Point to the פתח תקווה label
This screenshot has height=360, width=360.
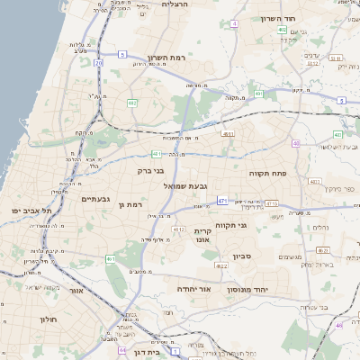click(267, 172)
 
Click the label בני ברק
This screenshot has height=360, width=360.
click(150, 170)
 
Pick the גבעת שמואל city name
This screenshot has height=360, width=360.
click(188, 184)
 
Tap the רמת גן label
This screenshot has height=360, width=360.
click(131, 205)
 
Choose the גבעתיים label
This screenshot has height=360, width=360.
click(95, 199)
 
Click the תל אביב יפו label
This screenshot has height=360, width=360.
click(32, 210)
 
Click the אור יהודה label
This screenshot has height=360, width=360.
click(194, 290)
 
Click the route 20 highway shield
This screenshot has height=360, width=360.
click(98, 64)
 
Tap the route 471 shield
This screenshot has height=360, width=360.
click(221, 202)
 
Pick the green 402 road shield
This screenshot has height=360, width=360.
click(283, 30)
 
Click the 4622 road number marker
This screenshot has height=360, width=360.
click(220, 265)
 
